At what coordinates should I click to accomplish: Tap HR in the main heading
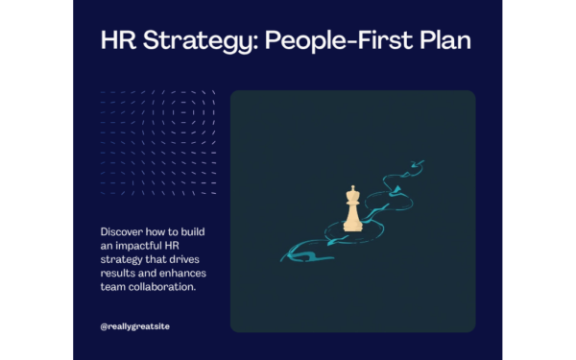(117, 42)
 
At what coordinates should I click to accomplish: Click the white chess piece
(352, 208)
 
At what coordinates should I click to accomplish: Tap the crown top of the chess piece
(352, 189)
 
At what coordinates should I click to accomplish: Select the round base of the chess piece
(352, 227)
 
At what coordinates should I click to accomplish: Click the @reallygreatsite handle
(135, 326)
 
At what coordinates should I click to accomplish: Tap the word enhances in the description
(177, 273)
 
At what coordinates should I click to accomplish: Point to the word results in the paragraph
(115, 273)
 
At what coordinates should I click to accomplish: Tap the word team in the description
(112, 285)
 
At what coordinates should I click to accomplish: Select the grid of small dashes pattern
(158, 142)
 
